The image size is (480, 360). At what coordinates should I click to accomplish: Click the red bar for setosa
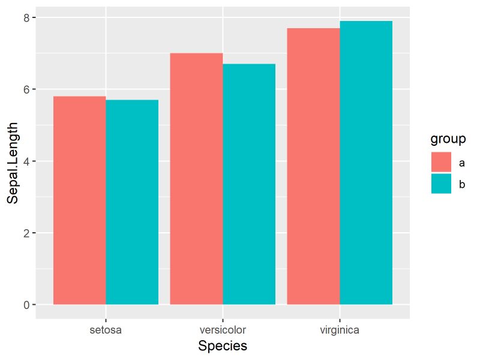tap(80, 200)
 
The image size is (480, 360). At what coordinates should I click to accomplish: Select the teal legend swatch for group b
tap(441, 184)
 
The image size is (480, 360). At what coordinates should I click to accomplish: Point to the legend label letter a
tap(462, 163)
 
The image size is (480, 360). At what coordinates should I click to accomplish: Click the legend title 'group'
tap(448, 140)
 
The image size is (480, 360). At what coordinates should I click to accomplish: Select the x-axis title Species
tap(223, 346)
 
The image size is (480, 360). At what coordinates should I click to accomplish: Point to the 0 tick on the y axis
tap(27, 305)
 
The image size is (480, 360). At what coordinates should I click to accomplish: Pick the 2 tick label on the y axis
tap(27, 233)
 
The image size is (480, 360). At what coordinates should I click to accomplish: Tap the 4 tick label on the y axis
tap(27, 161)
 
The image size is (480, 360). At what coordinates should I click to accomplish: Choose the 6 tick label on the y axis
tap(27, 89)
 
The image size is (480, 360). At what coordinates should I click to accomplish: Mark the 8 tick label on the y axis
tap(27, 18)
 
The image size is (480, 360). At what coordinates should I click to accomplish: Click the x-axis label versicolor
tap(223, 329)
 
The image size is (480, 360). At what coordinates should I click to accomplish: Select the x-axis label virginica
tap(340, 329)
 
